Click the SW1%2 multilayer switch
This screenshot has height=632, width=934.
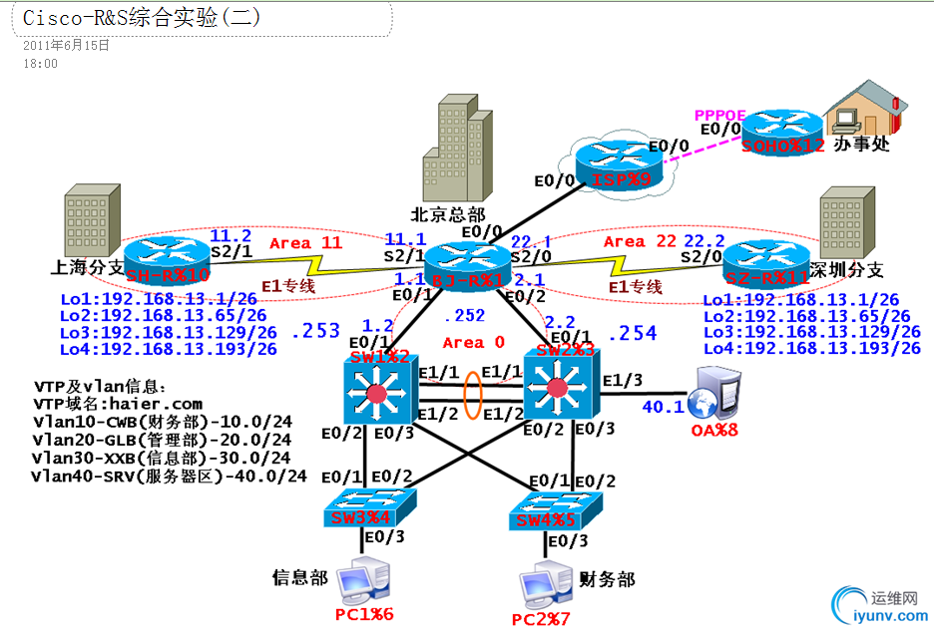375,394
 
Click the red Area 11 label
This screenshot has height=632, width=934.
303,242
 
